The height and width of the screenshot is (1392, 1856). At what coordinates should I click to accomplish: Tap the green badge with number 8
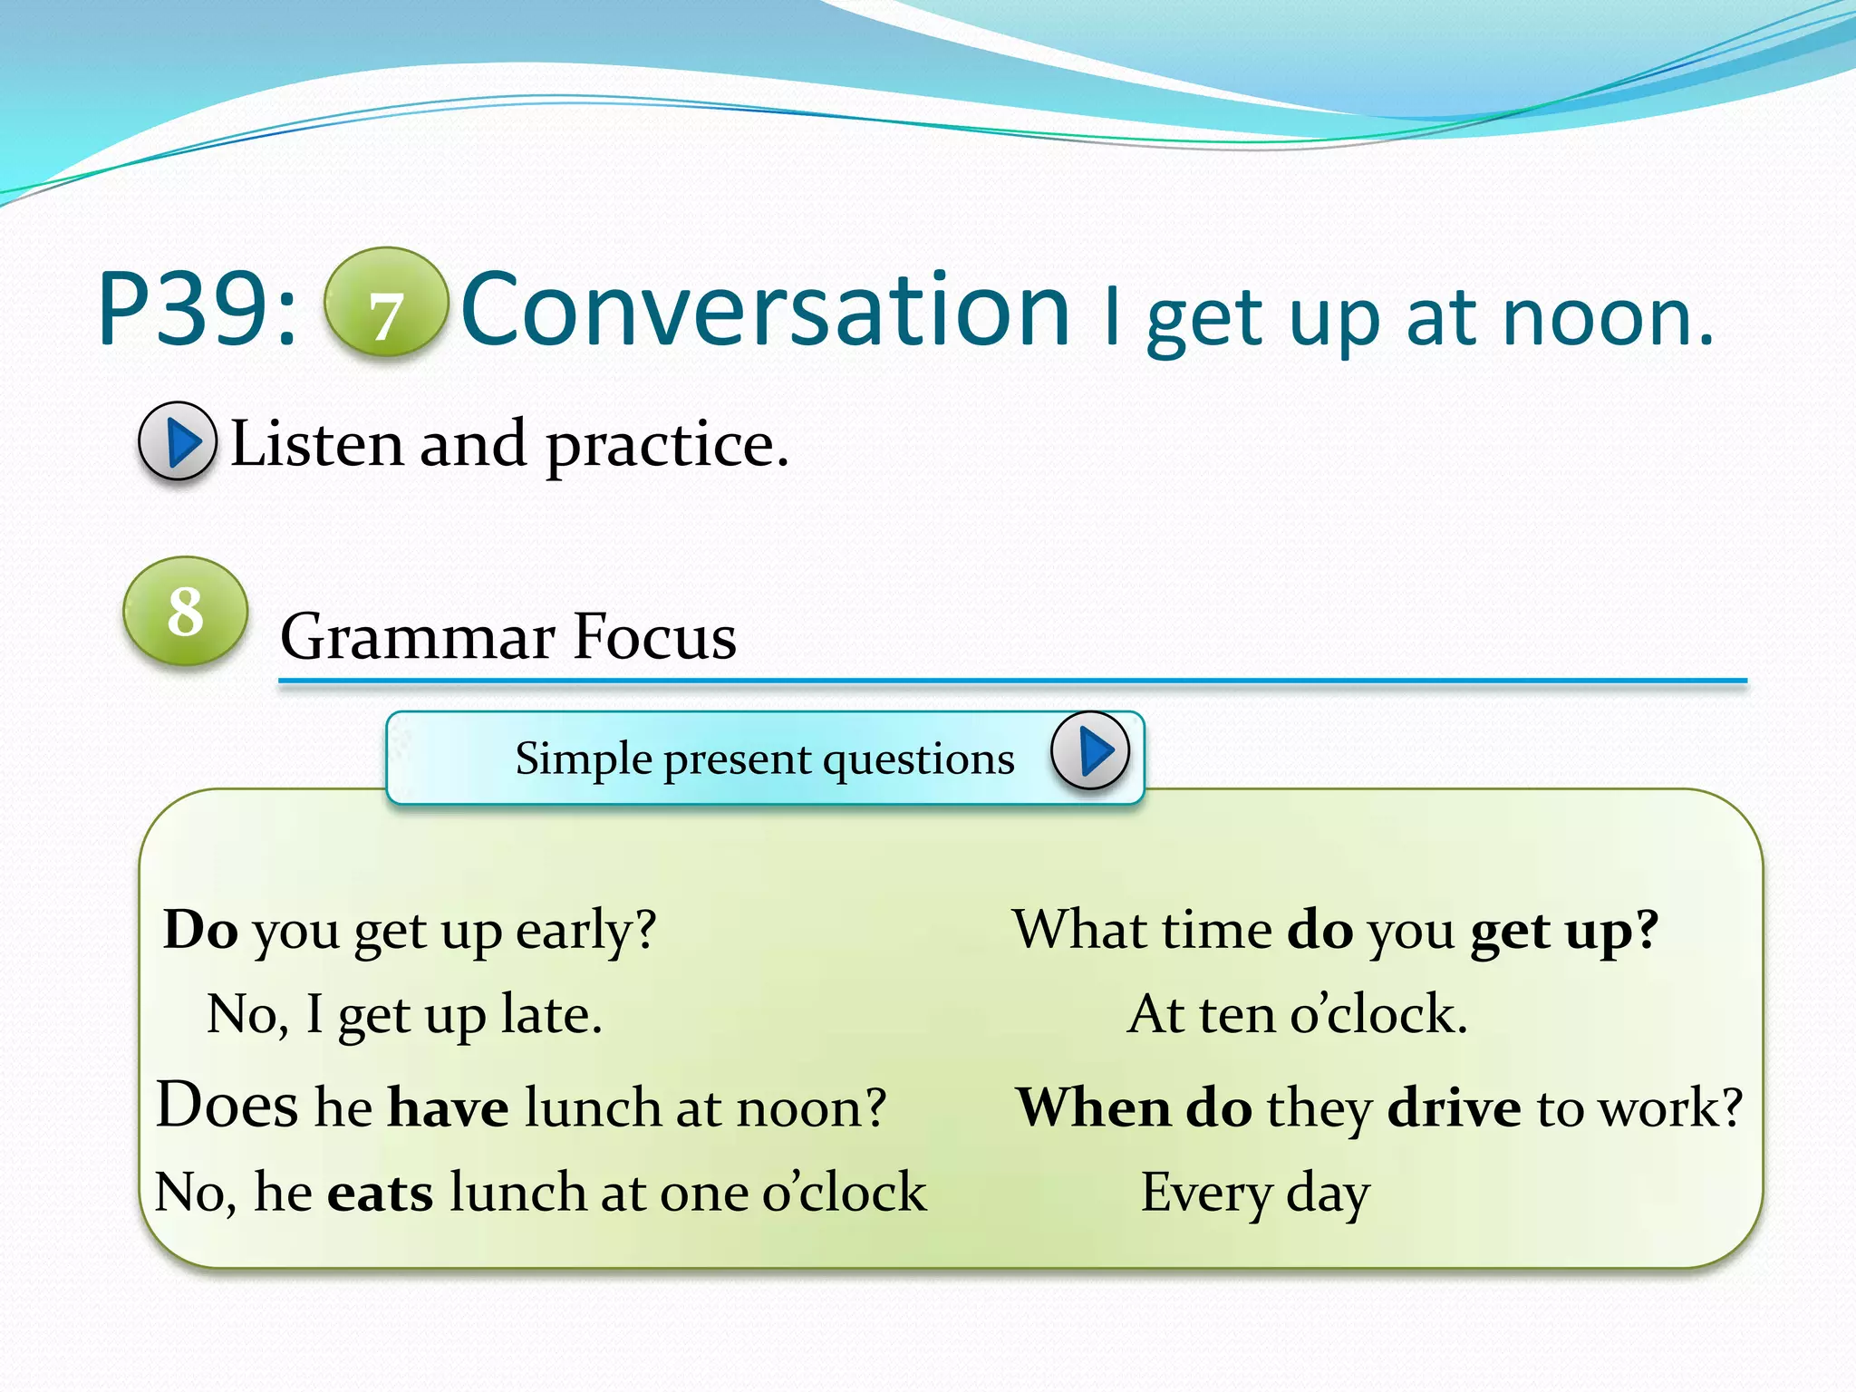click(x=186, y=611)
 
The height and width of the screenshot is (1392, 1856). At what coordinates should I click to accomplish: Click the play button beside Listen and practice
click(x=178, y=441)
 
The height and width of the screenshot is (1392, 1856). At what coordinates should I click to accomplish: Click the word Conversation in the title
click(x=766, y=310)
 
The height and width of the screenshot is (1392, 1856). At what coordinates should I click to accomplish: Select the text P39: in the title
click(x=198, y=310)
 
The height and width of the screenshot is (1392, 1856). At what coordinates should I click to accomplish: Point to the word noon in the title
click(x=1606, y=319)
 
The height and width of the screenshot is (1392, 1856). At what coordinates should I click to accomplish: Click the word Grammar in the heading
click(x=417, y=636)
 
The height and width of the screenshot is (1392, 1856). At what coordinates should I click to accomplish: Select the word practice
click(x=667, y=446)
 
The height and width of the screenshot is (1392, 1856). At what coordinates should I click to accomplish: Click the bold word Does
click(x=227, y=1106)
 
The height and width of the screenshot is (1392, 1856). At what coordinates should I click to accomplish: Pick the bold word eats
click(x=380, y=1193)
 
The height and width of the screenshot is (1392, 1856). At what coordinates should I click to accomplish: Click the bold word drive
click(x=1453, y=1107)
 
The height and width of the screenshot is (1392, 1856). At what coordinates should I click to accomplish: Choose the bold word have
click(x=448, y=1107)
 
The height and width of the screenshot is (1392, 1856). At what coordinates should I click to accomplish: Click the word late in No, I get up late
click(x=551, y=1014)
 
